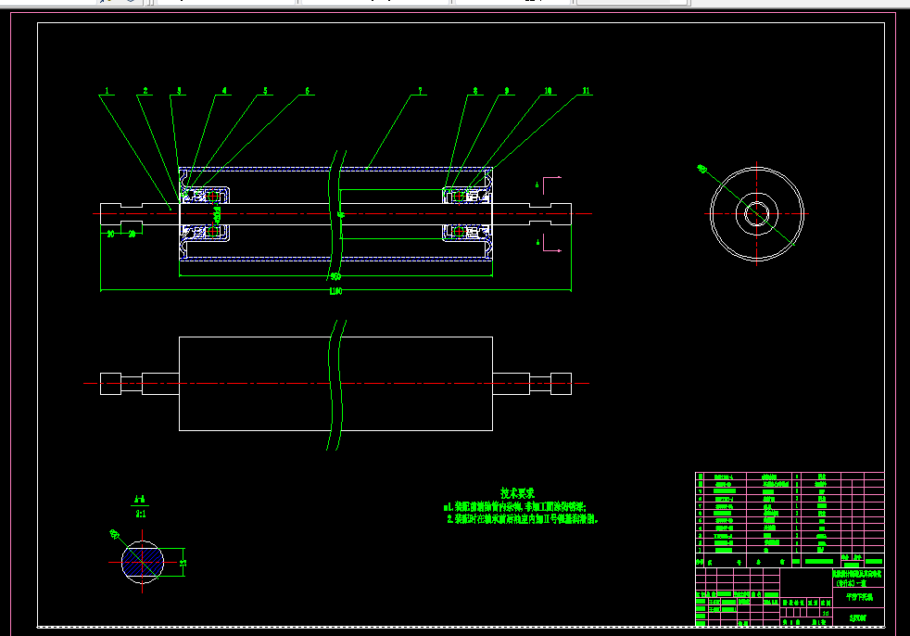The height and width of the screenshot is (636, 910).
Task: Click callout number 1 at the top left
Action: pos(107,91)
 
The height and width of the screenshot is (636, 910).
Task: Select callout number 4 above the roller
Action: pos(224,91)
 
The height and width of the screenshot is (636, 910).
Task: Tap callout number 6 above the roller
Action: pos(307,91)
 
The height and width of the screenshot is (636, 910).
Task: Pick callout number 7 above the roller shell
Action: pos(420,91)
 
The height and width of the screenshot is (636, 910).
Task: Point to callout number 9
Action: pos(508,91)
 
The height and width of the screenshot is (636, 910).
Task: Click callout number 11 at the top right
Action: pos(586,91)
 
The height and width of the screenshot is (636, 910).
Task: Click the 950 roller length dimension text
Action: pos(335,276)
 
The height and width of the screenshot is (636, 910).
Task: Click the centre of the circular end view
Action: pos(756,213)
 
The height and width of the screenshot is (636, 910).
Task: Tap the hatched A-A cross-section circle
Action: pos(144,561)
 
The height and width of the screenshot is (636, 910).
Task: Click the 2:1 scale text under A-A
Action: pos(141,512)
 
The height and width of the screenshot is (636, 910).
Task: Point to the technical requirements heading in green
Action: pos(518,494)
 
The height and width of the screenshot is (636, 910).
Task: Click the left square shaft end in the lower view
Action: pos(110,383)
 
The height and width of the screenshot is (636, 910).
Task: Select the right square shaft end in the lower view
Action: pos(561,383)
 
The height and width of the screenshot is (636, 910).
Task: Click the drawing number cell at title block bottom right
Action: pos(859,617)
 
